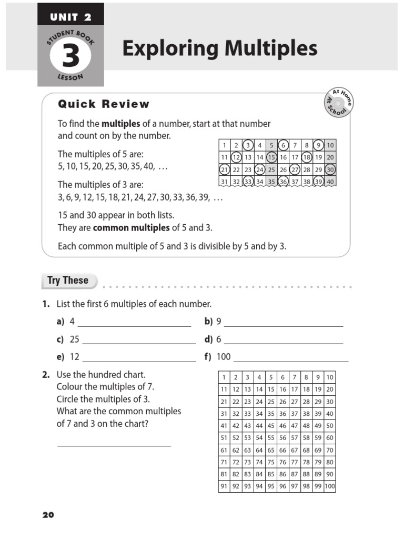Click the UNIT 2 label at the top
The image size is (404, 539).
[x=70, y=17]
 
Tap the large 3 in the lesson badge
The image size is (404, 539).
[x=70, y=57]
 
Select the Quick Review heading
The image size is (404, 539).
[x=104, y=104]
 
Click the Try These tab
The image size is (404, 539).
[x=68, y=281]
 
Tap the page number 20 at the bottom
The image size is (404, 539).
[x=48, y=515]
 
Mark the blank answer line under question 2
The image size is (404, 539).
[x=114, y=445]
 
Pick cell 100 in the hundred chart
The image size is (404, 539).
[x=329, y=486]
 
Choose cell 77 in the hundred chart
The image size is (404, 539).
[x=295, y=462]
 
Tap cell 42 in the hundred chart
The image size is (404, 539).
[x=236, y=426]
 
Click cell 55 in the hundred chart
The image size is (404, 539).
[x=271, y=438]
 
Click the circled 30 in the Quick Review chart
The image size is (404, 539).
[x=330, y=169]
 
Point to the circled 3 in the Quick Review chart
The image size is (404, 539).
[x=248, y=145]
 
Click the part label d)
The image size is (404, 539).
[x=208, y=340]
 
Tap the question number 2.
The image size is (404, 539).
[x=46, y=375]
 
